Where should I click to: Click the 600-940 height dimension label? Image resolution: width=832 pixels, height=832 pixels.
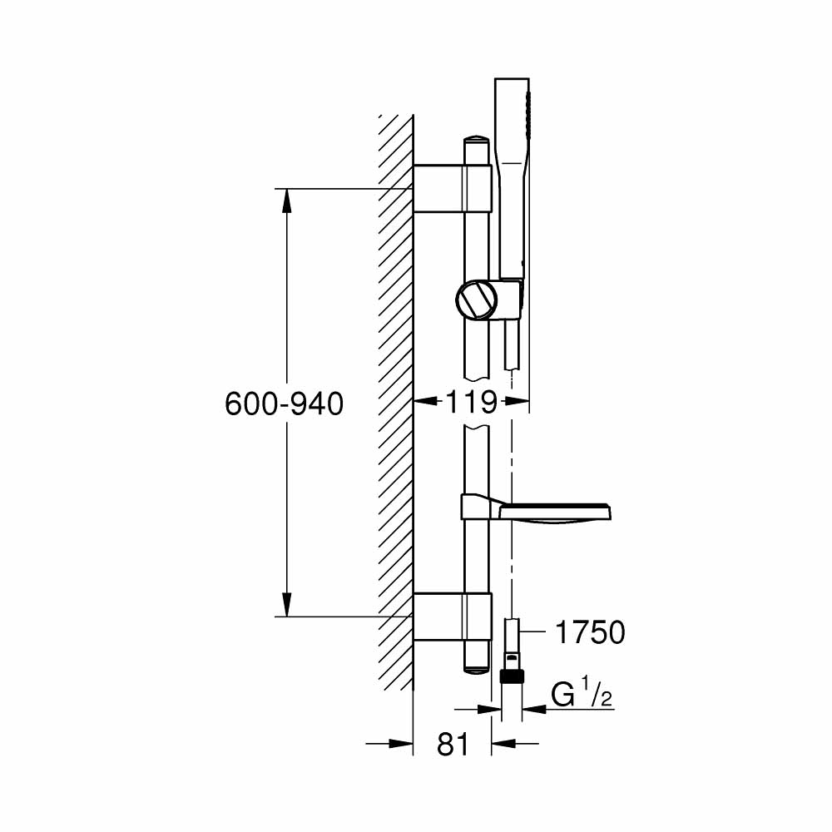(284, 404)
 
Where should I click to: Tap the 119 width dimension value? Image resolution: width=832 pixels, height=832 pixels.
(471, 403)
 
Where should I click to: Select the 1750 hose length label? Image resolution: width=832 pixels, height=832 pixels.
(589, 633)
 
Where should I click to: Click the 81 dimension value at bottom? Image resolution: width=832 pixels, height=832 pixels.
(453, 745)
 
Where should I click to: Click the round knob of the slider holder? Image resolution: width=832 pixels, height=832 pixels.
(475, 300)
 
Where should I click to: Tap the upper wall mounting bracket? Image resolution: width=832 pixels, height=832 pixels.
(453, 190)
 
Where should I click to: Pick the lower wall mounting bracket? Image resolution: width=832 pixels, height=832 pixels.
(453, 617)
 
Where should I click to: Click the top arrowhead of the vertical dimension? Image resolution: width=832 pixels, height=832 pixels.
(286, 201)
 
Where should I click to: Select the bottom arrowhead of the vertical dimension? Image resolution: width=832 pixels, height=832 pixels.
(286, 605)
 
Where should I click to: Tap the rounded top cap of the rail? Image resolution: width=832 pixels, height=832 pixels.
(478, 140)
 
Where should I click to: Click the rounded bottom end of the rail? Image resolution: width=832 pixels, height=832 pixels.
(478, 666)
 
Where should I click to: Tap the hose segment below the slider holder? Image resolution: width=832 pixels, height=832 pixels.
(509, 345)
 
